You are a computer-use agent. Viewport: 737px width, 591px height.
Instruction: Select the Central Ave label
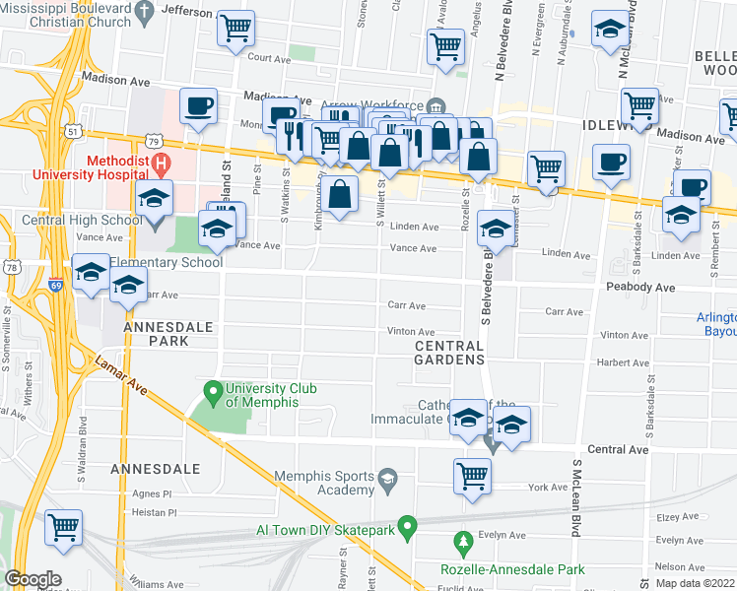tap(618, 449)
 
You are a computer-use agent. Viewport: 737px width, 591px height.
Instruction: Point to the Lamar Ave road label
tap(121, 376)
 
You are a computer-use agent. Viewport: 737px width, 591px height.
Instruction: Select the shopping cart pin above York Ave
tap(472, 476)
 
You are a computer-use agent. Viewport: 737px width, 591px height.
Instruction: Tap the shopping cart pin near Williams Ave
tap(63, 526)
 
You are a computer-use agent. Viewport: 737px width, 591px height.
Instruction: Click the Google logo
tap(33, 579)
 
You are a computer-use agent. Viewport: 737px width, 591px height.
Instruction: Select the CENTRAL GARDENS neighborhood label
tap(449, 353)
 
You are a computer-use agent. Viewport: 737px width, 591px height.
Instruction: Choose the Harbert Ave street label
tap(623, 362)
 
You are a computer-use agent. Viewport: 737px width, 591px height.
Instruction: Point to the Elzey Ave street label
tap(677, 514)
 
